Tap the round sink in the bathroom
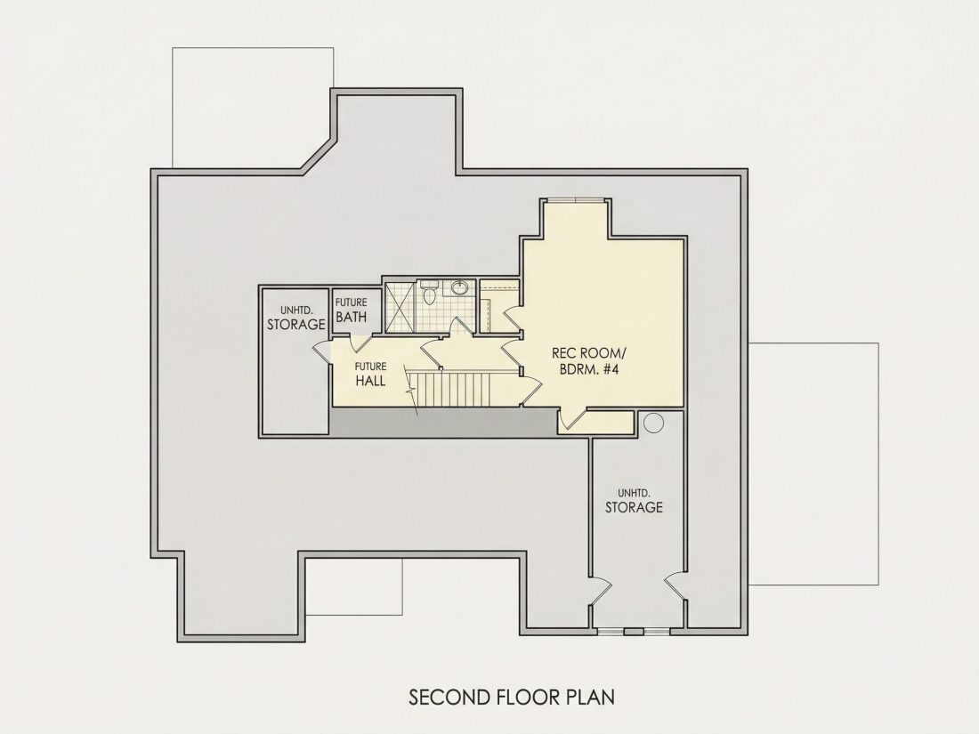[x=459, y=287]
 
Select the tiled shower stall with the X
[x=399, y=307]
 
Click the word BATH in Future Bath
[x=352, y=317]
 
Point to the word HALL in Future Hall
[x=370, y=380]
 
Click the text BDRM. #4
[x=589, y=369]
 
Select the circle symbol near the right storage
[x=653, y=423]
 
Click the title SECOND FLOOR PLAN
[x=512, y=697]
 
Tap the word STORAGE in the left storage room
[x=296, y=325]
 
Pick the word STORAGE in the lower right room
[x=634, y=507]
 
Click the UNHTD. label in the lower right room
[x=633, y=491]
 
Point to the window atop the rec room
[x=574, y=199]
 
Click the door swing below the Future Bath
[x=360, y=343]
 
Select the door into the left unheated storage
[x=320, y=351]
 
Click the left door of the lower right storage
[x=599, y=591]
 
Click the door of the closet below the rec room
[x=572, y=419]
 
